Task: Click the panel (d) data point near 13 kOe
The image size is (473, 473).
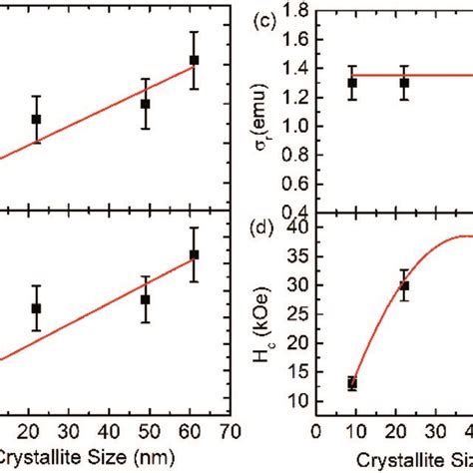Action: [x=352, y=383]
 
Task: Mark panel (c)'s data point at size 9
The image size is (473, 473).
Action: [x=352, y=83]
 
